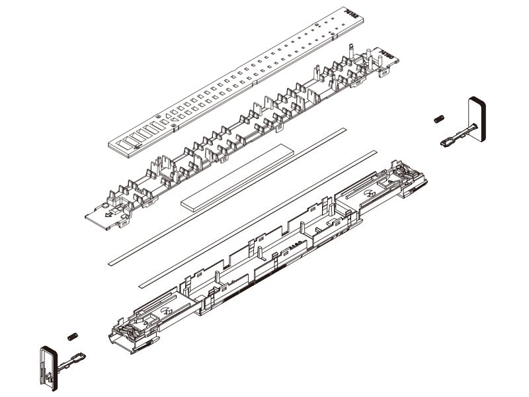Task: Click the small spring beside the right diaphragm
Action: (438, 120)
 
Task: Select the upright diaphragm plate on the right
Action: (477, 119)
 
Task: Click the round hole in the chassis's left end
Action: (165, 311)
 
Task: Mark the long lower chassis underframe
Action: (264, 258)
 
